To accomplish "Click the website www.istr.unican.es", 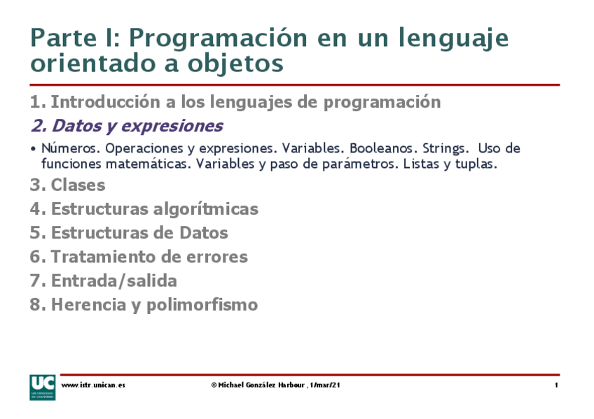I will click(x=93, y=385).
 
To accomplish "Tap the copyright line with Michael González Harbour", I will click(x=275, y=385).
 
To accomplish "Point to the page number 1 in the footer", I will click(x=555, y=385).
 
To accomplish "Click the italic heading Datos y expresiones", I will click(x=137, y=126).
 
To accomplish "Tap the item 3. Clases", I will click(x=67, y=185).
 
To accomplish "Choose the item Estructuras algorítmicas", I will click(x=154, y=208).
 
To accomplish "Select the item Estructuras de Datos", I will click(x=139, y=232).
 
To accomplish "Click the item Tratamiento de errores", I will click(x=149, y=257).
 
